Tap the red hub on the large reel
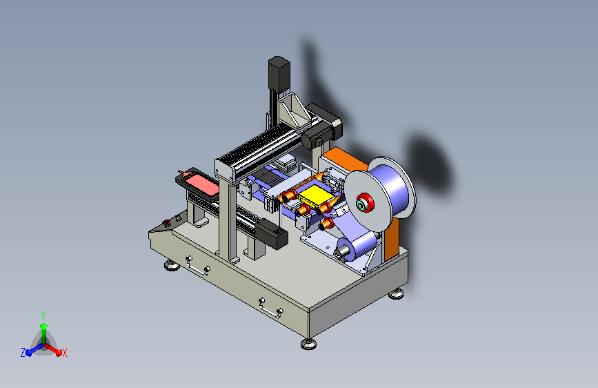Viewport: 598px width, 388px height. [x=365, y=203]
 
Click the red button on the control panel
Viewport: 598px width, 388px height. [x=167, y=223]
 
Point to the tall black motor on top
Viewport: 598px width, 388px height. [x=279, y=75]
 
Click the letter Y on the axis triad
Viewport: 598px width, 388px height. [x=43, y=316]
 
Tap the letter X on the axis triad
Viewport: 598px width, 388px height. [x=64, y=353]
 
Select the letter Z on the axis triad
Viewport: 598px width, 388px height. [x=23, y=353]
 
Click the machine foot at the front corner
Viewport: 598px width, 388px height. [x=308, y=344]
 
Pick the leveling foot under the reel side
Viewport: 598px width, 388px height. [x=396, y=293]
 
